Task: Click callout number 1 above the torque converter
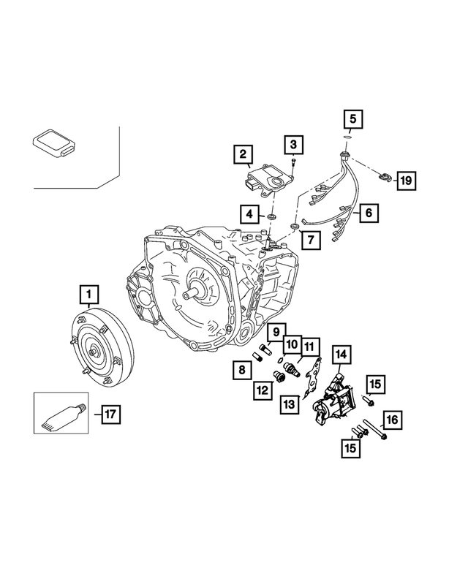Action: pyautogui.click(x=89, y=294)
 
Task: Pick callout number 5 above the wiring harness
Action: pyautogui.click(x=352, y=118)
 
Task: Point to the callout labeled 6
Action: pyautogui.click(x=369, y=213)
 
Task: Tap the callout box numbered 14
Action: pyautogui.click(x=340, y=355)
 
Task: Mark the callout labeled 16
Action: pyautogui.click(x=392, y=420)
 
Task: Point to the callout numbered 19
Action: pyautogui.click(x=406, y=179)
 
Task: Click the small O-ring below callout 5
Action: pyautogui.click(x=350, y=136)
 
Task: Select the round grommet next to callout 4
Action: pyautogui.click(x=271, y=217)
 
